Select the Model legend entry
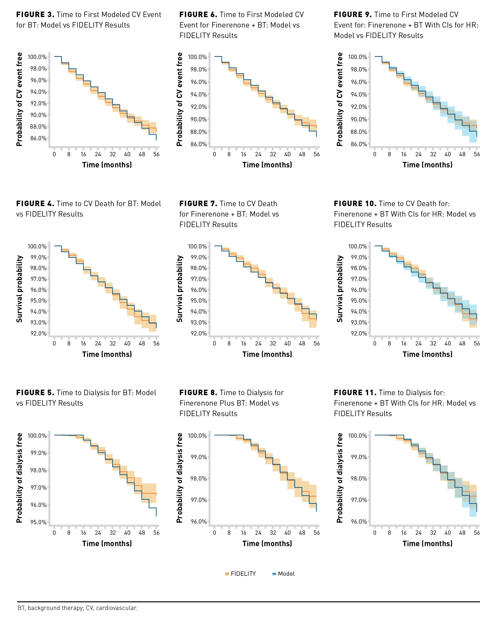tap(286, 574)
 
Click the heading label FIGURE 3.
tap(35, 15)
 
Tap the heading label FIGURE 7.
tap(198, 204)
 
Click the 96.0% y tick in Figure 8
tap(198, 521)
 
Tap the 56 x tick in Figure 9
tap(477, 154)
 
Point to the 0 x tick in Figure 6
tap(215, 154)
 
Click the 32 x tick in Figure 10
tap(433, 343)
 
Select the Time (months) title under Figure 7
tap(267, 354)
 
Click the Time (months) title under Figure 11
tap(427, 544)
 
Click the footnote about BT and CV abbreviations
tap(78, 608)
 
